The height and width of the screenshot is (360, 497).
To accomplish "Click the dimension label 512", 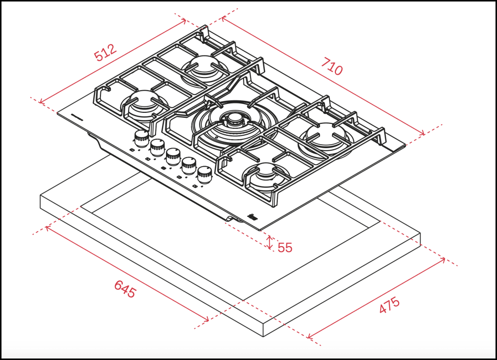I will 105,53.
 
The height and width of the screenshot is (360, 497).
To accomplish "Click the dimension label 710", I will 332,66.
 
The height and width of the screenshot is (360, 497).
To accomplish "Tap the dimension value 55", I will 285,247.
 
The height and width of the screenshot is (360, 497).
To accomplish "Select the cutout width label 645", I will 125,289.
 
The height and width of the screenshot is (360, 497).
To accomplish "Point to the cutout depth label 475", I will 389,305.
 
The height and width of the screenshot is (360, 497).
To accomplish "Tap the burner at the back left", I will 203,65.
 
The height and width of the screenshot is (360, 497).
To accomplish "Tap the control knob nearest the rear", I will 141,137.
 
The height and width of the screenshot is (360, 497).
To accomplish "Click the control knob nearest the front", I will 204,174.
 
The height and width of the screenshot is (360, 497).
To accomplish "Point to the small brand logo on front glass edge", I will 251,217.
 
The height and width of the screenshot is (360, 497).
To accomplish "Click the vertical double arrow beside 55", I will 270,243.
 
